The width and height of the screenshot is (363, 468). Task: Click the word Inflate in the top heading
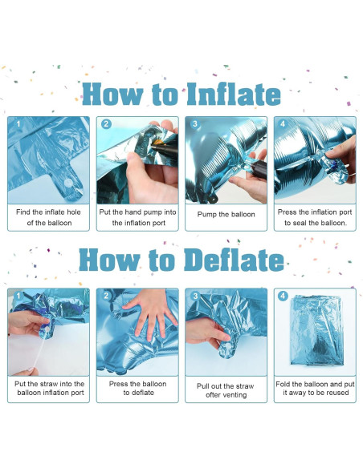click(x=234, y=94)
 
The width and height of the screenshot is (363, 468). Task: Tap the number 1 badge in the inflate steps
click(x=18, y=123)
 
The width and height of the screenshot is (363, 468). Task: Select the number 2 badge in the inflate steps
click(x=106, y=124)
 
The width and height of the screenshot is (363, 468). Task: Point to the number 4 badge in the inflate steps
click(x=283, y=123)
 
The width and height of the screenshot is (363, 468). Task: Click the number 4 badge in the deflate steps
click(x=283, y=296)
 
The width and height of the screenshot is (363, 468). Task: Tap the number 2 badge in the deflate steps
click(x=106, y=296)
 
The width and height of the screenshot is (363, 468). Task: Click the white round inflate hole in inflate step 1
click(x=69, y=183)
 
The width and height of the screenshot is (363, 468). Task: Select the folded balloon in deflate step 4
click(x=316, y=330)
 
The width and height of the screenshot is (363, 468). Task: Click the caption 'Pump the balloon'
click(x=226, y=214)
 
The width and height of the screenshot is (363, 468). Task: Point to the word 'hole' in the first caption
click(x=74, y=212)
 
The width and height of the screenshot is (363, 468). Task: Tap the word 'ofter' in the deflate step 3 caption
click(x=214, y=395)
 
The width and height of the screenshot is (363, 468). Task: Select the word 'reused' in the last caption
click(x=337, y=393)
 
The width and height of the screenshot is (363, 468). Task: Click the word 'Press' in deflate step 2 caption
click(x=118, y=384)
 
